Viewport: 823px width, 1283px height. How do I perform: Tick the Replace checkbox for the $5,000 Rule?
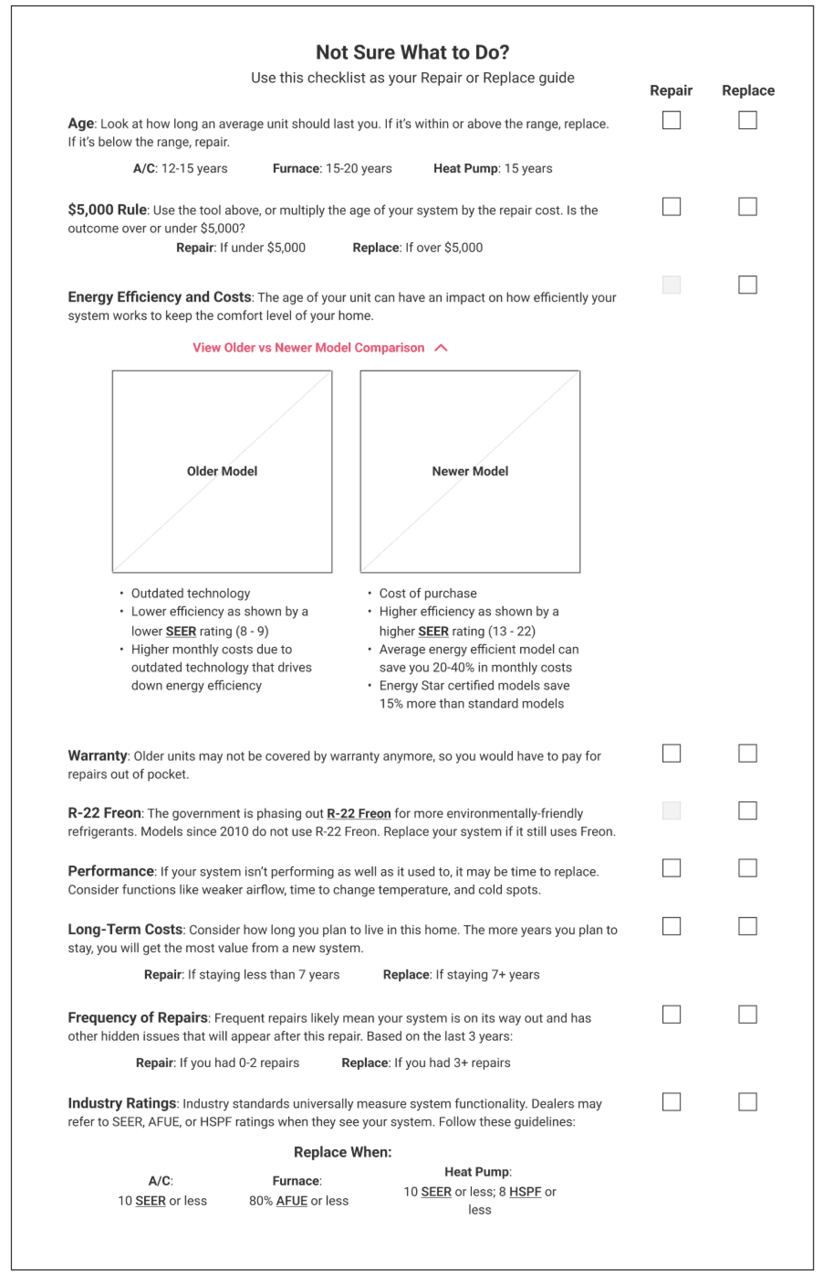click(x=748, y=206)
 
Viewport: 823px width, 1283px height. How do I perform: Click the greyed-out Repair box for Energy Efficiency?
click(x=671, y=285)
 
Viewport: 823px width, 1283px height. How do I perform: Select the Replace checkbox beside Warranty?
click(x=748, y=753)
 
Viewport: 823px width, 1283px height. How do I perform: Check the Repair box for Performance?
click(x=671, y=868)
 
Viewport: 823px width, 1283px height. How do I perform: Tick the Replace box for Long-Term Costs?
click(x=748, y=927)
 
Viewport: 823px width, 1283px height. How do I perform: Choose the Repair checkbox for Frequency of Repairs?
click(x=671, y=1015)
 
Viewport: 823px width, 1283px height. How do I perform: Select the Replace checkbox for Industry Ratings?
click(x=748, y=1102)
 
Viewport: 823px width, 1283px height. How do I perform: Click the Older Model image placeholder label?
click(x=222, y=471)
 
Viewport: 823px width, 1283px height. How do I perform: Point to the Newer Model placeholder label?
click(x=470, y=471)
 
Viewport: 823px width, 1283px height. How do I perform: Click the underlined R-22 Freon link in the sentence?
click(x=358, y=814)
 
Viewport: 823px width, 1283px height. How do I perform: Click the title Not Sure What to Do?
click(x=412, y=53)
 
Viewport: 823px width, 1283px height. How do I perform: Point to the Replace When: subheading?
click(x=343, y=1153)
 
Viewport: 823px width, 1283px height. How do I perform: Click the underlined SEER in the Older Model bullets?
click(x=181, y=632)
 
